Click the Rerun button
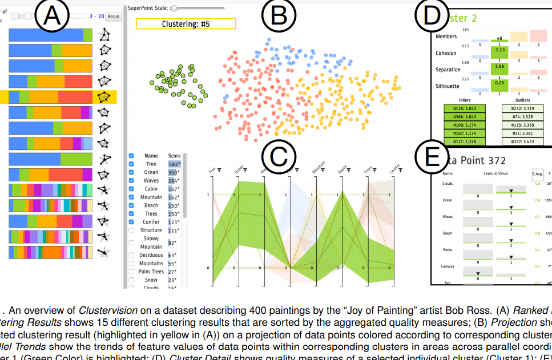click(x=114, y=17)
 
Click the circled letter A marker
click(x=53, y=16)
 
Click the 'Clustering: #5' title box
click(x=186, y=24)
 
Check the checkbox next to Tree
click(x=131, y=164)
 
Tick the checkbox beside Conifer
click(x=131, y=222)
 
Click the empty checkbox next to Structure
click(x=131, y=230)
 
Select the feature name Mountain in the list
click(x=151, y=197)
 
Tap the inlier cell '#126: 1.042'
click(x=465, y=108)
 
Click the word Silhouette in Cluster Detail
click(x=448, y=86)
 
